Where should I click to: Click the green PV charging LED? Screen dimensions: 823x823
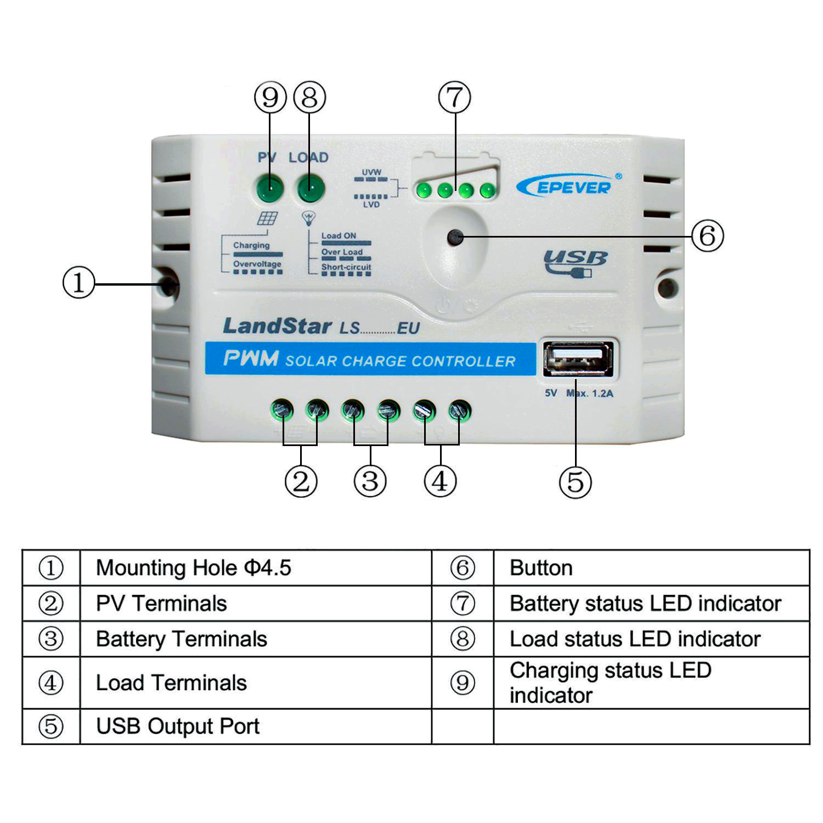coord(269,190)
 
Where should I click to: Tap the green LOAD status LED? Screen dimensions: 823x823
coord(311,190)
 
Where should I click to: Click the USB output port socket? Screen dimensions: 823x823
coord(578,359)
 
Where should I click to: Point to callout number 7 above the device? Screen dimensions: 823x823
coord(454,98)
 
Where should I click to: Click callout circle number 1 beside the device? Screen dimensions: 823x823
coord(78,283)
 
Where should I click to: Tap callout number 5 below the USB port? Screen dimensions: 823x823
coord(575,482)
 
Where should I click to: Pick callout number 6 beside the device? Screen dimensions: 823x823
coord(707,236)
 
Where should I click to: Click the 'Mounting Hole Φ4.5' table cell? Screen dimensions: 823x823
coord(193,568)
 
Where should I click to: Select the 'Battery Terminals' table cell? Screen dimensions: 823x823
coord(181,639)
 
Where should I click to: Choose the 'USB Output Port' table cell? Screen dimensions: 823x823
coord(177,726)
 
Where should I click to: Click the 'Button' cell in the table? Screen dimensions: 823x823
coord(541,568)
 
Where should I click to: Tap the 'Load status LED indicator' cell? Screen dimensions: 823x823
coord(635,639)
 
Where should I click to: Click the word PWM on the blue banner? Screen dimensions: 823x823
coord(251,359)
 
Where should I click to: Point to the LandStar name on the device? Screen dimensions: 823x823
coord(277,326)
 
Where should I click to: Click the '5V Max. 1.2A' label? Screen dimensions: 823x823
coord(579,393)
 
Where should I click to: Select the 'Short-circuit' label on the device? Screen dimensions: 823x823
coord(346,267)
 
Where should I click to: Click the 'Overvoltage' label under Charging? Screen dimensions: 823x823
coord(257,264)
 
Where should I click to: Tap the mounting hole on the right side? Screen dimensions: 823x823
coord(667,287)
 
